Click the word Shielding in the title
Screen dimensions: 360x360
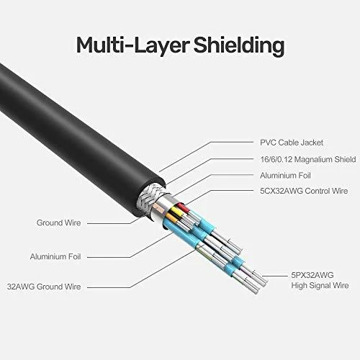(x=239, y=45)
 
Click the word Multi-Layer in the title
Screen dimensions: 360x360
(x=132, y=45)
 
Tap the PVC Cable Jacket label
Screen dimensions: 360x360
(x=292, y=143)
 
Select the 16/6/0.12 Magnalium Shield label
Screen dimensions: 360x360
(x=308, y=159)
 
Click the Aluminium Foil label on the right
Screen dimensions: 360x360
(x=285, y=176)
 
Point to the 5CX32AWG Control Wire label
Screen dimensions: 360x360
(x=304, y=191)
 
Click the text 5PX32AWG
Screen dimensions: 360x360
(x=312, y=275)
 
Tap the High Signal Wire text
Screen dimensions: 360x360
(x=320, y=286)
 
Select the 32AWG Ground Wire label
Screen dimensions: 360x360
(x=44, y=287)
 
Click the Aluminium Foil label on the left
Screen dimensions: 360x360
(x=55, y=256)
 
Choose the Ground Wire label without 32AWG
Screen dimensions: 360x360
(x=59, y=222)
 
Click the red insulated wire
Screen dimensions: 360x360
(x=181, y=206)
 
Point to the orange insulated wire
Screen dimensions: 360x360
(x=171, y=217)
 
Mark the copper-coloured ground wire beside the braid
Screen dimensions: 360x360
(x=158, y=207)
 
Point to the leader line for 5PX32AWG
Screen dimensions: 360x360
(x=275, y=276)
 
